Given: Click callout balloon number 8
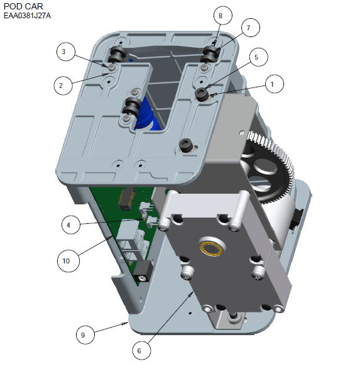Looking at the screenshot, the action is tap(222, 16).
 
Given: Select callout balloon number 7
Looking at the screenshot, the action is tap(250, 28).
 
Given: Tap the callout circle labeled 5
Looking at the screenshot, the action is tap(258, 57).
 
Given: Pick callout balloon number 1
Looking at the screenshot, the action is tap(274, 84).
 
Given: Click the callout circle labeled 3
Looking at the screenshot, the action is tap(66, 52).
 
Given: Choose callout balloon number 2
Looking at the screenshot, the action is tap(63, 86).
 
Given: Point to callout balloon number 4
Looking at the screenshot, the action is tap(70, 224).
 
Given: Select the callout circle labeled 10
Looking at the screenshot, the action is tap(68, 261).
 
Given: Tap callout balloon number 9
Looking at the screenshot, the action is tap(85, 335).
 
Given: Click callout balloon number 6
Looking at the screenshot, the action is tap(141, 350).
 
